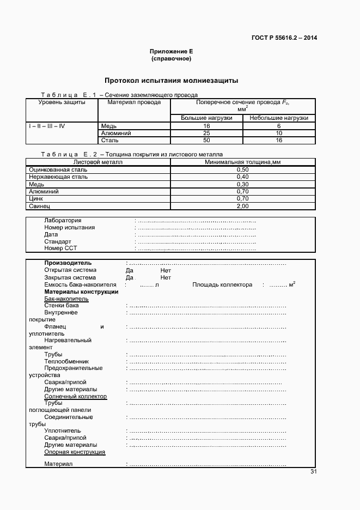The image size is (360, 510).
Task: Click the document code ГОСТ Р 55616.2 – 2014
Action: [x=284, y=38]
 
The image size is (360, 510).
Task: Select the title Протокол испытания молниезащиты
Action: [x=171, y=81]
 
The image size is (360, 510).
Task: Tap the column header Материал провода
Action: [x=134, y=102]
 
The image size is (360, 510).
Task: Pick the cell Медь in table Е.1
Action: [x=109, y=126]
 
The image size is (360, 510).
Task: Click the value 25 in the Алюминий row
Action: [x=206, y=133]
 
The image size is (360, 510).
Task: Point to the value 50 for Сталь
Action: [x=206, y=140]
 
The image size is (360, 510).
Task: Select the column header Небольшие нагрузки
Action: [x=278, y=118]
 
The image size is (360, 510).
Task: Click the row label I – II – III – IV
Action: [x=47, y=126]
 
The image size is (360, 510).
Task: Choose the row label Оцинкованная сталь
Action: [x=58, y=169]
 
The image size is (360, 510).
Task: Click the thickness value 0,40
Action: [x=242, y=177]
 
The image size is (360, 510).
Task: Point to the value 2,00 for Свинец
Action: [x=242, y=206]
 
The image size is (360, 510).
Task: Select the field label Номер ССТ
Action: [x=60, y=248]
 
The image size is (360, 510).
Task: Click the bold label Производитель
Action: [x=68, y=263]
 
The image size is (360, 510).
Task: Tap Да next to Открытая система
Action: [x=130, y=270]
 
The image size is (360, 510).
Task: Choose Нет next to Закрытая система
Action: [x=166, y=277]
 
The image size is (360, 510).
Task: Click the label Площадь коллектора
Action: [x=222, y=284]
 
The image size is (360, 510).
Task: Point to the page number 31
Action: [x=313, y=472]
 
